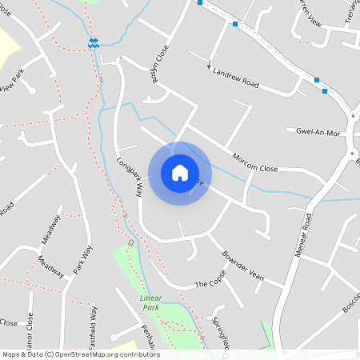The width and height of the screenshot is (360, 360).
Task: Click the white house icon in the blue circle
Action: coord(179,173)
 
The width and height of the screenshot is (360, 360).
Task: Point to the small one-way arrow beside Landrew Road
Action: coord(210,64)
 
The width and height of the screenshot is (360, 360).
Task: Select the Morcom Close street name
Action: coord(254,162)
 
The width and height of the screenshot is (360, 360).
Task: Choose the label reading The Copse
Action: coord(210,284)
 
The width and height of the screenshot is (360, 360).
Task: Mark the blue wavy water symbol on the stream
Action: coord(94,43)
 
